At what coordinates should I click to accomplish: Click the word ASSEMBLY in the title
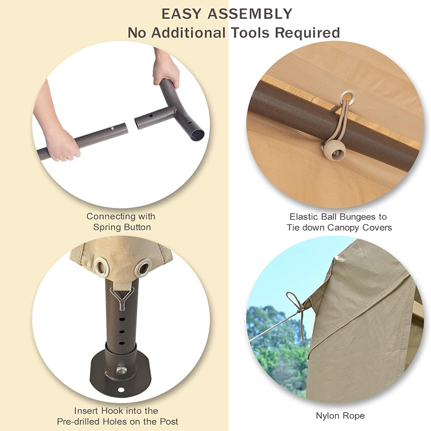[x=250, y=14]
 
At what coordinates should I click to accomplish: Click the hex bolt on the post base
[x=122, y=370]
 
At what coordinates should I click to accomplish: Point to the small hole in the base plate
[x=120, y=390]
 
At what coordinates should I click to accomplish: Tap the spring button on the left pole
[x=112, y=128]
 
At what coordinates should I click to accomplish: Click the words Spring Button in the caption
[x=122, y=227]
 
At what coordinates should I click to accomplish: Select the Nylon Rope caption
[x=340, y=416]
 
